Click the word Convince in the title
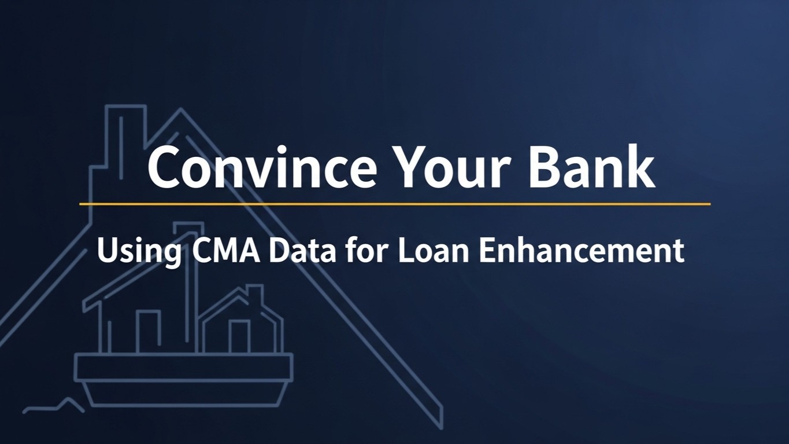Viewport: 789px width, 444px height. (x=262, y=166)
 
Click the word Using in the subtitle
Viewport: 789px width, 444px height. (x=139, y=251)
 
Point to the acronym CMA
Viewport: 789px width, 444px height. (x=227, y=251)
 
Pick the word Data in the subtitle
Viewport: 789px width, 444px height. (x=302, y=251)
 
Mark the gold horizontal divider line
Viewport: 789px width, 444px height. (x=395, y=204)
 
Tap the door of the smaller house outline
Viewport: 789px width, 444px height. (x=239, y=336)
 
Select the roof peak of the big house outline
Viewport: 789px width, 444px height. (x=181, y=109)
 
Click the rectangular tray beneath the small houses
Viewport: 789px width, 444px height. (x=183, y=367)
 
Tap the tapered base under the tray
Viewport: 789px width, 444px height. (x=184, y=394)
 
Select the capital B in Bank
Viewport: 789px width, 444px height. (x=544, y=166)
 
